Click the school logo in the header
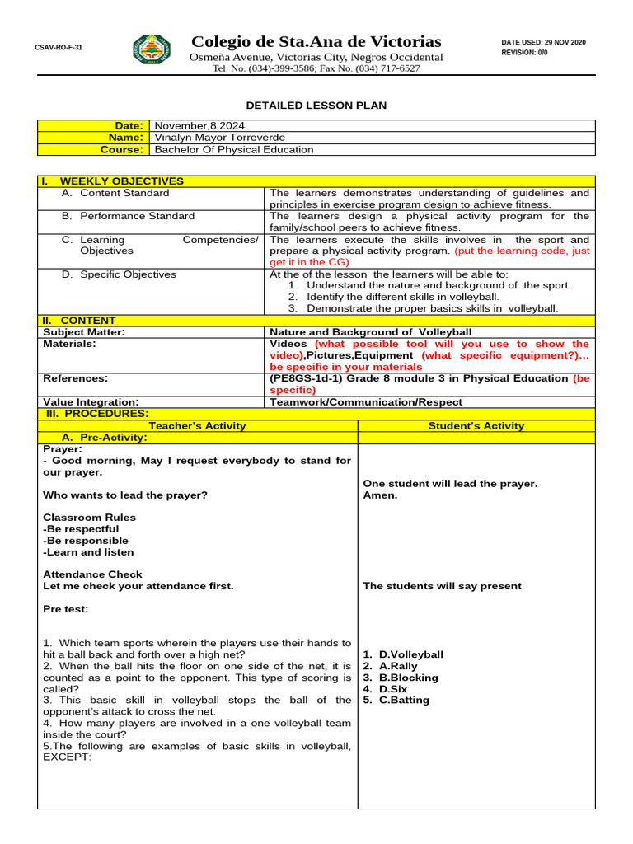152,49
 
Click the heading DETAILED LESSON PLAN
316,105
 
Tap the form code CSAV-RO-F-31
59,48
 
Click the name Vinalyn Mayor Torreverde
220,138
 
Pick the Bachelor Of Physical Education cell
234,150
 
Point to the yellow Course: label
122,150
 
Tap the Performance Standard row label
128,216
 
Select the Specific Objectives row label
119,274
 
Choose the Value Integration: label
91,402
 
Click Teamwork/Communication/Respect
366,402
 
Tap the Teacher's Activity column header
197,426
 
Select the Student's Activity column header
476,426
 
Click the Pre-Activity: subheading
104,438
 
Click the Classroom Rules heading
90,518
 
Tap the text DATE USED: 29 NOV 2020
543,42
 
